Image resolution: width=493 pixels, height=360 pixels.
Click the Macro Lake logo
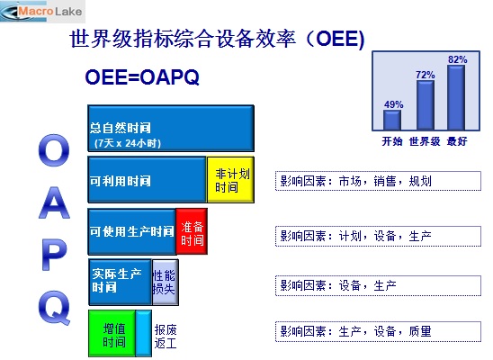(x=42, y=12)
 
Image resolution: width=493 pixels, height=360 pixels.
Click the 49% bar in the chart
(x=392, y=120)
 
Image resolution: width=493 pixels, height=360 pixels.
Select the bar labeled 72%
(x=426, y=105)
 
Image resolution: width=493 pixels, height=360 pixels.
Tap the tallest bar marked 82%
(x=456, y=97)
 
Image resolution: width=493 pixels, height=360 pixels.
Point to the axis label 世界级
(x=425, y=141)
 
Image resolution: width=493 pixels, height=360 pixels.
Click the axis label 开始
(x=392, y=141)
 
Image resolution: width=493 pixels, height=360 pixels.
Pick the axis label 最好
(x=457, y=141)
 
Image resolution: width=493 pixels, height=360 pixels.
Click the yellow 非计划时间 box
(x=230, y=179)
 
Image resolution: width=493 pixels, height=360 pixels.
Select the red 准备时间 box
(x=192, y=231)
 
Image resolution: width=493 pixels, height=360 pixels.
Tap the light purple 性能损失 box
(x=166, y=282)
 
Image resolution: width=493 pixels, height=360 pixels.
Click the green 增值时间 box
(x=112, y=333)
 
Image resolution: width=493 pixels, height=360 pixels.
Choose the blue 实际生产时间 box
(x=121, y=282)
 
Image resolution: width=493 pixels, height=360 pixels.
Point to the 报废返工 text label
(x=166, y=337)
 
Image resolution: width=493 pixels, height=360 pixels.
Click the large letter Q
(x=54, y=307)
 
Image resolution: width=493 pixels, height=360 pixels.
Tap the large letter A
(x=54, y=202)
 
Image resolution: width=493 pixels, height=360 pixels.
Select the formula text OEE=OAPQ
(x=142, y=76)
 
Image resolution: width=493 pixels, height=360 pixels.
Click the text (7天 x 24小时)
(x=128, y=143)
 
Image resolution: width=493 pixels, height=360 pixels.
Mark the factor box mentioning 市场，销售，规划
(x=378, y=181)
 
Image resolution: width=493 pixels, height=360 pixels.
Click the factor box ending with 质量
(x=378, y=331)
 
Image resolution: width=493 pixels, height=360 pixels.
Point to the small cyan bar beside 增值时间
(x=144, y=333)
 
